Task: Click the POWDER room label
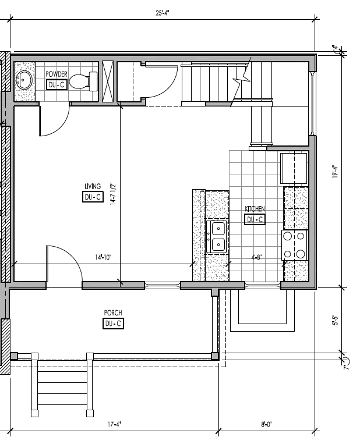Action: pos(57,74)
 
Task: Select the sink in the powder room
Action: pos(24,80)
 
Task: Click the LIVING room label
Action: pos(93,187)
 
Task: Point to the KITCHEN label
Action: pos(255,208)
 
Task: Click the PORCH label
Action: pos(113,313)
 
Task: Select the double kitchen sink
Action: pos(217,236)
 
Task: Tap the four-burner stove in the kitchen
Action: pos(294,245)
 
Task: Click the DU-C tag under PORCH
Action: pos(113,324)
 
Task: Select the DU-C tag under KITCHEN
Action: pos(255,219)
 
